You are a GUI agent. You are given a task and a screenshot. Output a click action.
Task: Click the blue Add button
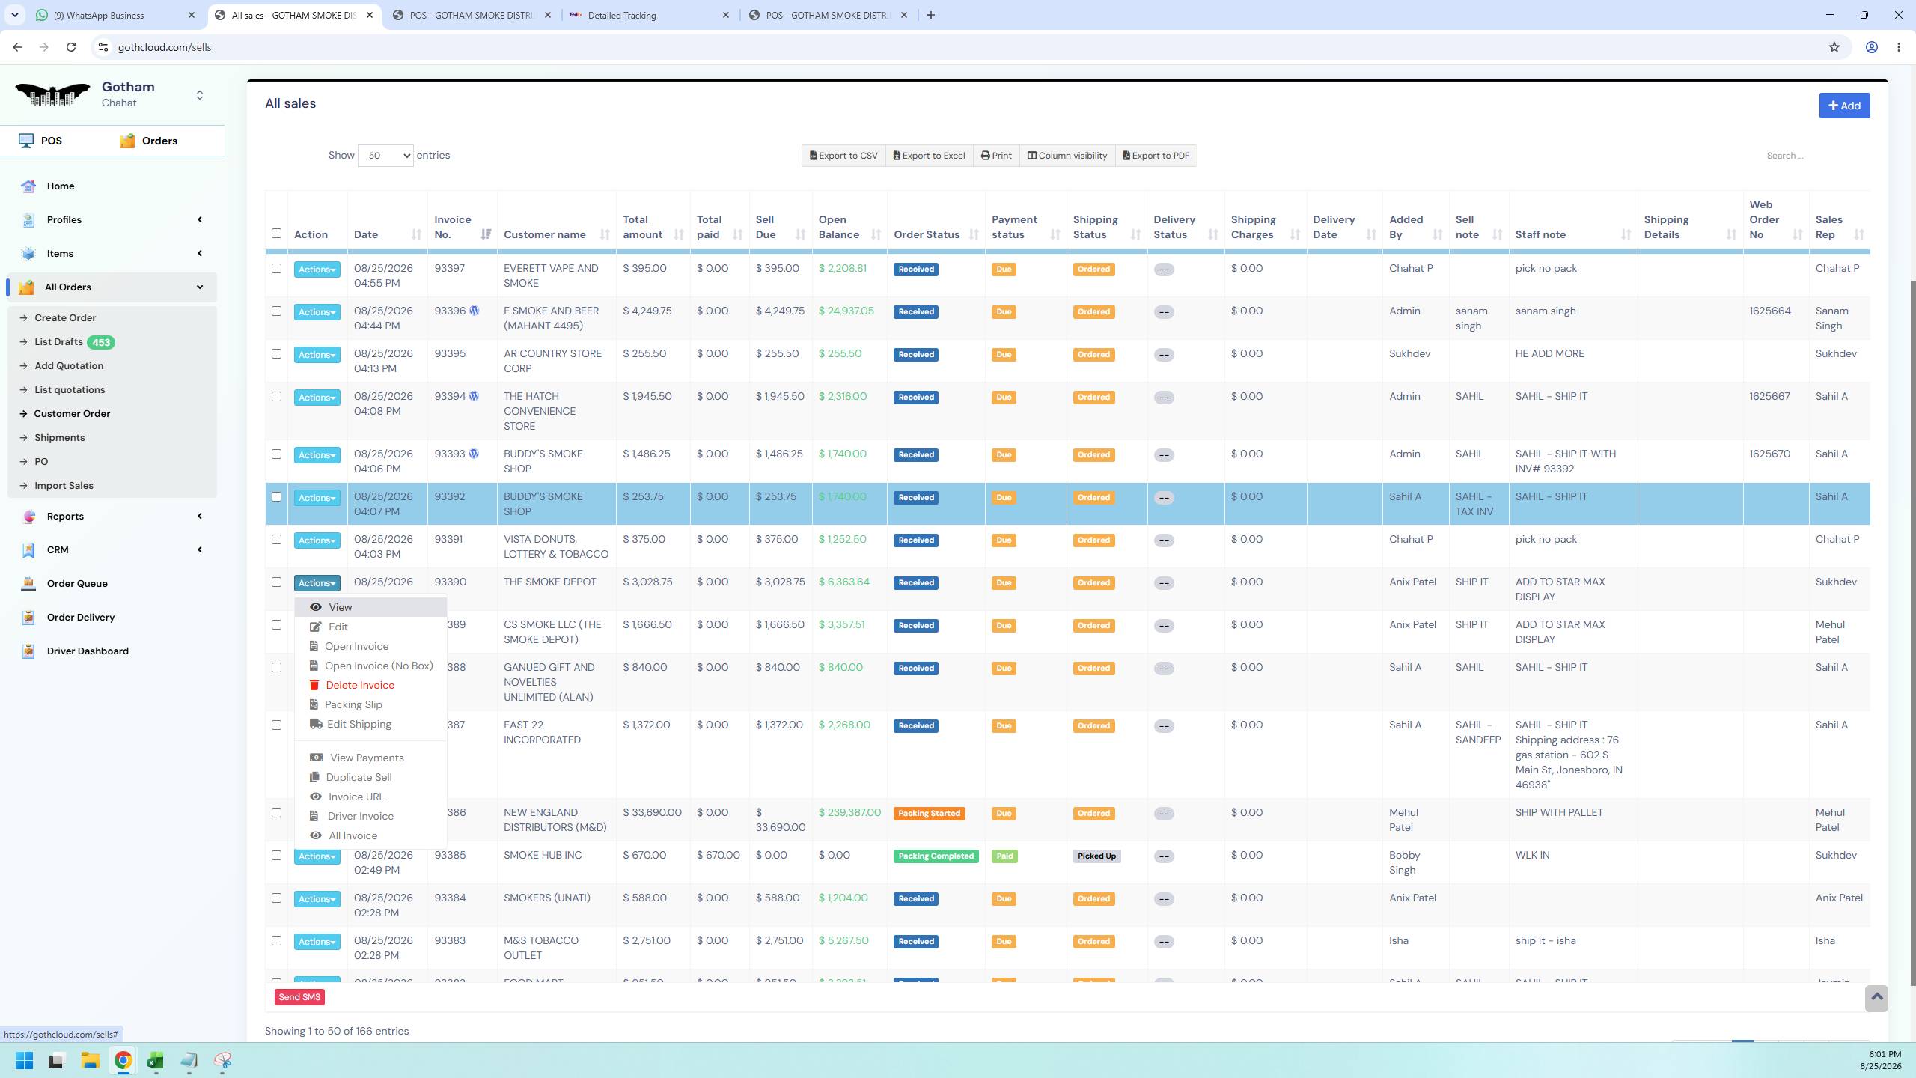point(1844,106)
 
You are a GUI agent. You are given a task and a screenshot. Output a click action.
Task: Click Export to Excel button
point(929,156)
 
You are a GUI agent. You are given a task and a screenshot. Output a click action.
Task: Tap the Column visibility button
point(1067,156)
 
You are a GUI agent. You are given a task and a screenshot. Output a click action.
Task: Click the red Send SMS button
point(299,997)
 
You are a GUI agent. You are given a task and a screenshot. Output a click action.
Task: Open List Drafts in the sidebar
point(58,342)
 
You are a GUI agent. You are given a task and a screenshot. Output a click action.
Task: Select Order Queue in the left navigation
point(77,584)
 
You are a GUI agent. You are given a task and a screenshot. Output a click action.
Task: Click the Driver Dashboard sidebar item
point(88,651)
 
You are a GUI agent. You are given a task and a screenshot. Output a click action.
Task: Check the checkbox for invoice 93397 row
point(276,269)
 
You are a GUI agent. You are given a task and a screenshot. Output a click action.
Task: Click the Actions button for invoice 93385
point(317,856)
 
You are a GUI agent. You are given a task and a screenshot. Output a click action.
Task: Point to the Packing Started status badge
point(929,814)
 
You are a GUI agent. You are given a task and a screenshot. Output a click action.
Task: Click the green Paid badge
point(1004,856)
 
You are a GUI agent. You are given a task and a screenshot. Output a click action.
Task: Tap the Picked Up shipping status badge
point(1096,856)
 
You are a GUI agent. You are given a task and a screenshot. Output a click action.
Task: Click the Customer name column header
point(545,234)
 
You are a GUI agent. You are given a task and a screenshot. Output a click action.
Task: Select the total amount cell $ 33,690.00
point(652,812)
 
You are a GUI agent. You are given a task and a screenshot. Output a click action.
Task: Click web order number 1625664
point(1770,311)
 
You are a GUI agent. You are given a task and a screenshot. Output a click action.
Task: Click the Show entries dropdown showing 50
point(385,156)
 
